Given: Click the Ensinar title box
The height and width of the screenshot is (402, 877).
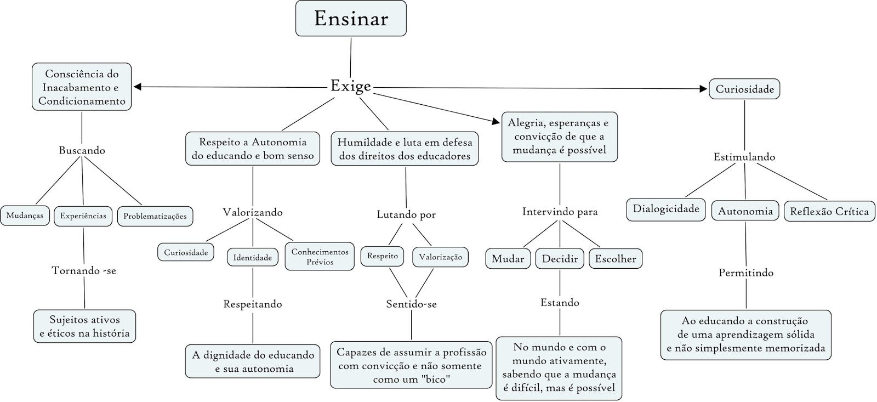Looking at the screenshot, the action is [351, 19].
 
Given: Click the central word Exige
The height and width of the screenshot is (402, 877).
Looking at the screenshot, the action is [351, 86].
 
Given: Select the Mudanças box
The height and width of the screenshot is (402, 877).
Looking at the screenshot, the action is [25, 216].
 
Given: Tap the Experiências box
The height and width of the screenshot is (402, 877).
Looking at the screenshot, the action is [83, 216].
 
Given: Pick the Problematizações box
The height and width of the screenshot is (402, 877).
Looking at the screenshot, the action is [155, 216].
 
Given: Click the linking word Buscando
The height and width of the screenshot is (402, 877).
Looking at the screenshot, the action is [82, 150].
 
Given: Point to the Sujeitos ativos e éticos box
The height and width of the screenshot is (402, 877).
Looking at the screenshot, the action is [84, 326].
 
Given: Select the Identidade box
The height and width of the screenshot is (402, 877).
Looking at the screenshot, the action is [253, 257].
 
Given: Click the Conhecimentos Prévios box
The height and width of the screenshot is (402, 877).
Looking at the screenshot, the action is [320, 257].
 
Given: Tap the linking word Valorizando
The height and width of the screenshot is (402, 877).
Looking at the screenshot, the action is [253, 212].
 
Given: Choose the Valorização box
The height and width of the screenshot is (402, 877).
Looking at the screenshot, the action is [441, 257].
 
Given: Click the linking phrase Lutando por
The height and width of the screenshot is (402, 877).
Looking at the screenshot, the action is [406, 215].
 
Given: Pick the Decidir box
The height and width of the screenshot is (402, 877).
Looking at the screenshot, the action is [560, 259].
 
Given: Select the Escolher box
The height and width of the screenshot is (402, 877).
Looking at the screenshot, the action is [616, 259].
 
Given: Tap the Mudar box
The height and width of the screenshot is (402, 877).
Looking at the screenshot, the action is [508, 259].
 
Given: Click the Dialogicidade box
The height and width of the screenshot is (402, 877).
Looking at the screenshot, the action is [666, 210].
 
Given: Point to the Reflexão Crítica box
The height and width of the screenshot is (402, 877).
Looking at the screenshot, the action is [829, 212].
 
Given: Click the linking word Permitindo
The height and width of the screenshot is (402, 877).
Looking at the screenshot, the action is [746, 273].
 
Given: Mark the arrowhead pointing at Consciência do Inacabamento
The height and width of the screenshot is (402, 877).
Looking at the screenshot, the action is [138, 87].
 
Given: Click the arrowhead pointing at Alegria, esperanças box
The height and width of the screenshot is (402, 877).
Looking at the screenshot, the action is [496, 121].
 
